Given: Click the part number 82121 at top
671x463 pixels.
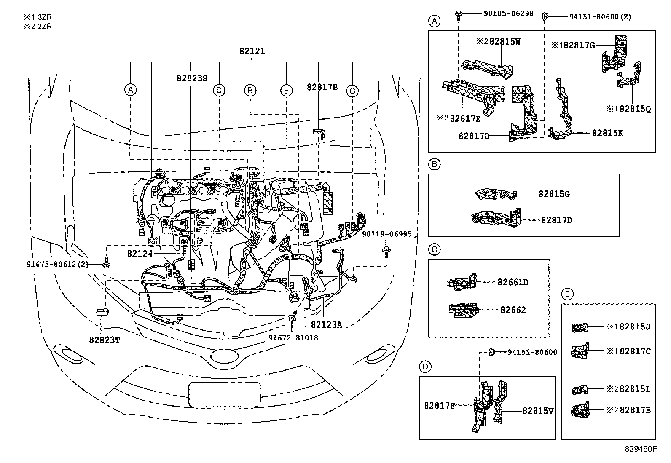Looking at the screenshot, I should [x=252, y=51].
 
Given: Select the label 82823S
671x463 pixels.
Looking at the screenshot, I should [x=192, y=78].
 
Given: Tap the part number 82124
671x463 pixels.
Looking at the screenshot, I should [x=140, y=254].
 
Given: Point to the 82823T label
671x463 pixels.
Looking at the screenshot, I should [x=104, y=340].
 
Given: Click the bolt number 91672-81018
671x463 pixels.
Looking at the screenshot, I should [x=293, y=338].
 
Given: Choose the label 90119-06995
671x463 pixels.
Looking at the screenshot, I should [x=386, y=234].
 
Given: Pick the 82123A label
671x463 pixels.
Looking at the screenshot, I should [x=327, y=325].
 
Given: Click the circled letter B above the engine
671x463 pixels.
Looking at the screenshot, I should [x=250, y=90].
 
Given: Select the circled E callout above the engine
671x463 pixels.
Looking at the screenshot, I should [x=286, y=90].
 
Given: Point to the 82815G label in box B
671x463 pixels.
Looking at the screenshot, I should [x=554, y=194].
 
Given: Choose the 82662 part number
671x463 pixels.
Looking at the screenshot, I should [x=513, y=310].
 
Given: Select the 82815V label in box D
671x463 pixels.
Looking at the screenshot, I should [x=538, y=411].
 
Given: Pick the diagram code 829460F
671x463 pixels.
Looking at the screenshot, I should [x=641, y=449].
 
